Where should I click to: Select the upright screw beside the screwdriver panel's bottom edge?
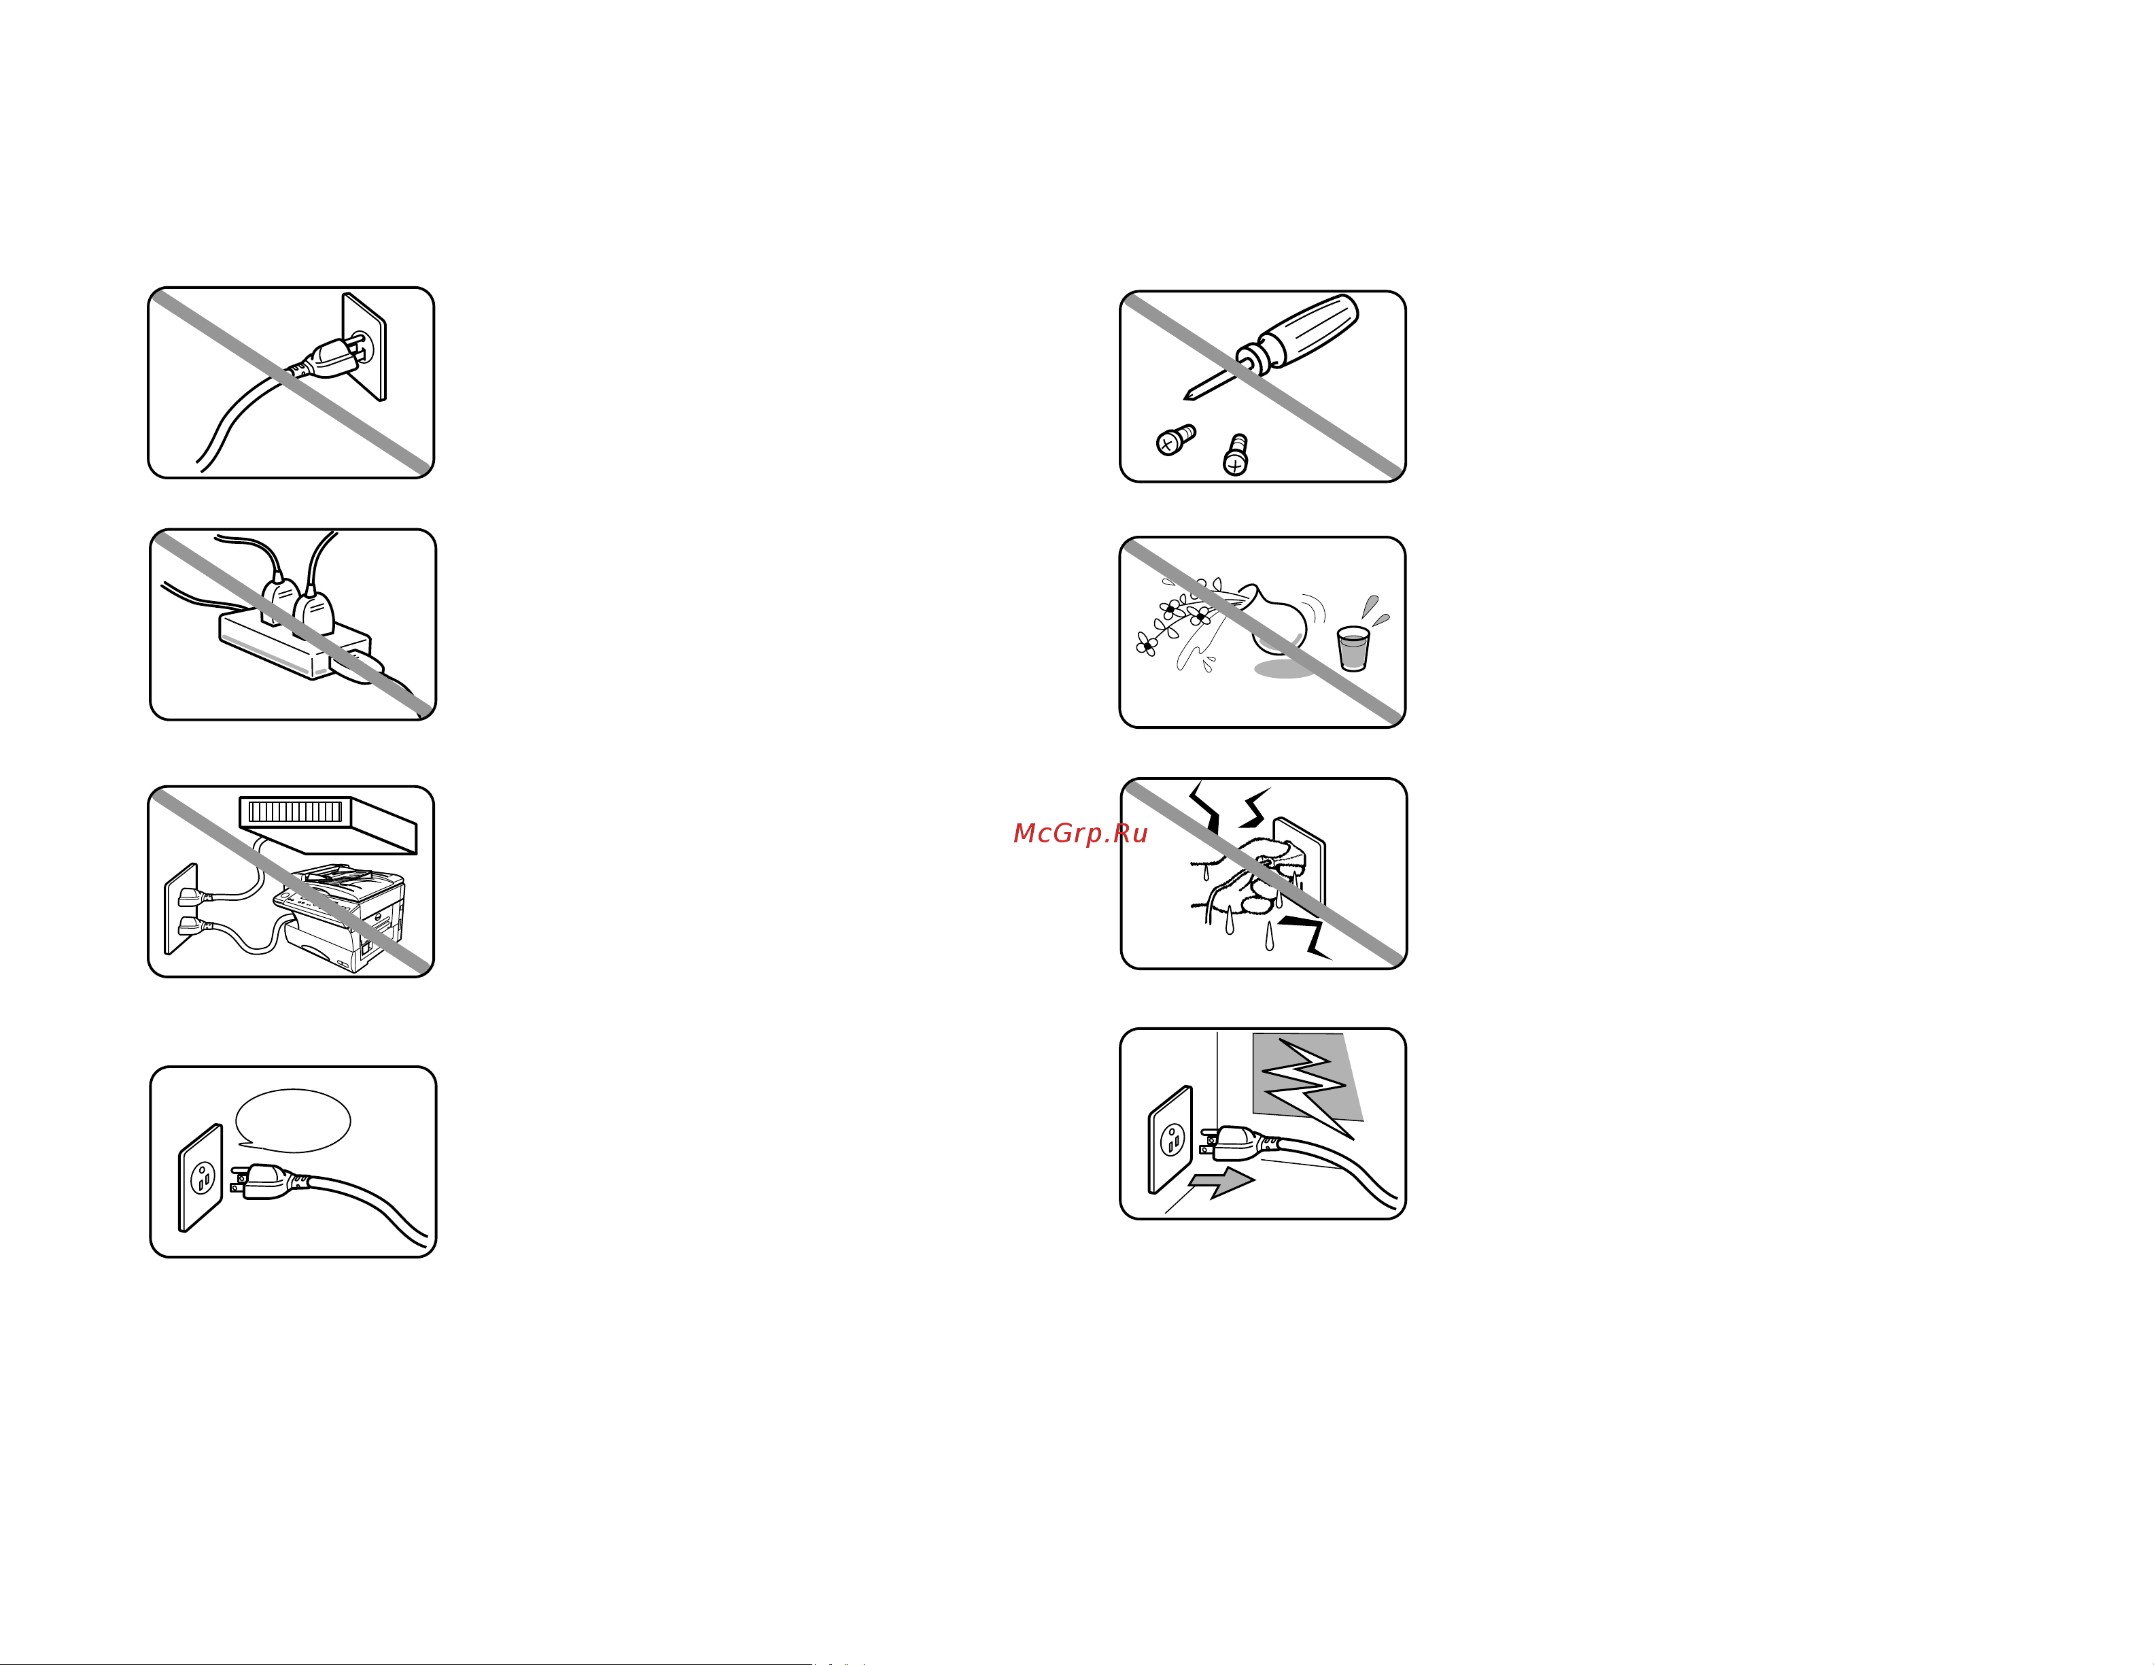click(1235, 455)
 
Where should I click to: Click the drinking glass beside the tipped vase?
click(1353, 648)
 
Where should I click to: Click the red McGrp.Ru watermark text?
click(1080, 834)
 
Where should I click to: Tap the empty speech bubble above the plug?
click(293, 1120)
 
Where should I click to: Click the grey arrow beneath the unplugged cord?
click(1222, 1181)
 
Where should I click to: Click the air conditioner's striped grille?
click(295, 812)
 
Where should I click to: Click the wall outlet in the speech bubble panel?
click(201, 1178)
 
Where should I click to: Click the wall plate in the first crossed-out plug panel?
click(364, 346)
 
